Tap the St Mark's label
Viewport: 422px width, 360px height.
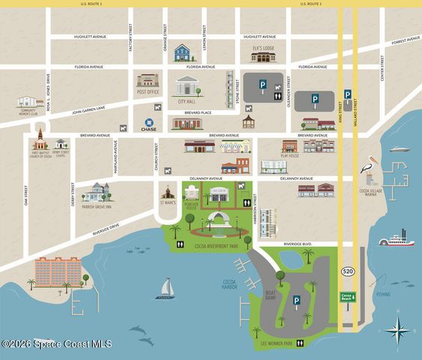click(x=169, y=202)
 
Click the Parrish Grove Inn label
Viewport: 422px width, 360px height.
click(x=97, y=207)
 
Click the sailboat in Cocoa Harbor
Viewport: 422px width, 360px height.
click(x=166, y=289)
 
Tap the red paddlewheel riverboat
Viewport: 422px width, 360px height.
click(x=394, y=240)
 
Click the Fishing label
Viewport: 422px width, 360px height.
click(x=383, y=295)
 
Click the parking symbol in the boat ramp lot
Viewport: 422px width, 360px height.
click(x=296, y=301)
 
